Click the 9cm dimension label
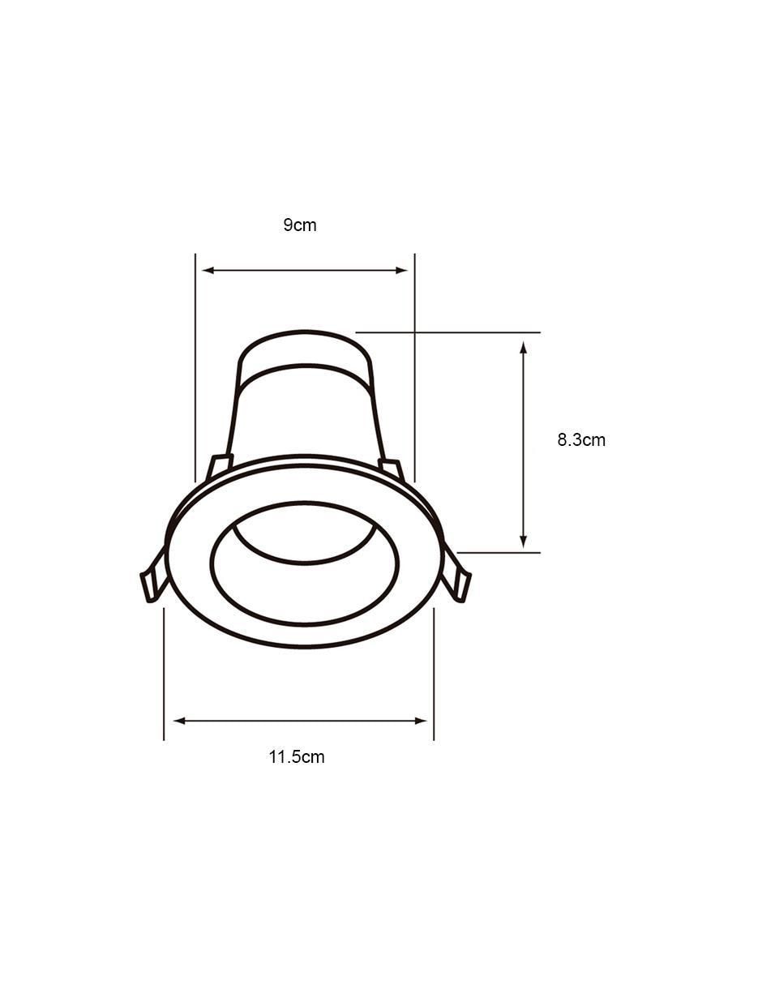(x=299, y=225)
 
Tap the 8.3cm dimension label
(x=581, y=439)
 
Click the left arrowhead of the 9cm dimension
(x=208, y=271)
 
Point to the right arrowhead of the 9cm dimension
(x=402, y=271)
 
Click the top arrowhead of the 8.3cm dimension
(x=523, y=348)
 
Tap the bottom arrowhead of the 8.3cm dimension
(x=523, y=542)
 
